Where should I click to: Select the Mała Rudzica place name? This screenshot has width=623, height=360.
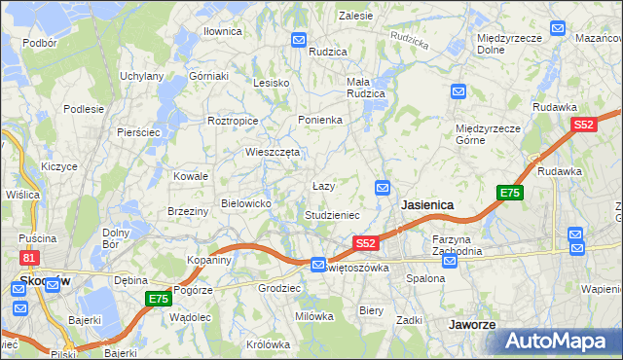(x=366, y=88)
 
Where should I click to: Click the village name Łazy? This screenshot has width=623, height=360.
(x=323, y=186)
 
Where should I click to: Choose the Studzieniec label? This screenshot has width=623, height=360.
(x=332, y=214)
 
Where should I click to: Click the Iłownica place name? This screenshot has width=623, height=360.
(x=222, y=31)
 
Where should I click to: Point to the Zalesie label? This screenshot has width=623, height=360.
(x=356, y=16)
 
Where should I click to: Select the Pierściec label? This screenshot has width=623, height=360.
(x=137, y=131)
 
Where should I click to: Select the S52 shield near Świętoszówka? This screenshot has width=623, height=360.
(x=365, y=242)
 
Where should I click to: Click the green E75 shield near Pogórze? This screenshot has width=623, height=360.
(x=158, y=299)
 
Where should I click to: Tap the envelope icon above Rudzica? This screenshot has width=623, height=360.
(x=299, y=39)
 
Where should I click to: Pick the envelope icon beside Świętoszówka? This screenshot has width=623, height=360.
(x=318, y=265)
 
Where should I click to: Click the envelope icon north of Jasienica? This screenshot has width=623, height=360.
(x=383, y=187)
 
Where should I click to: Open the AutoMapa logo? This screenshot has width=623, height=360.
(x=558, y=341)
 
